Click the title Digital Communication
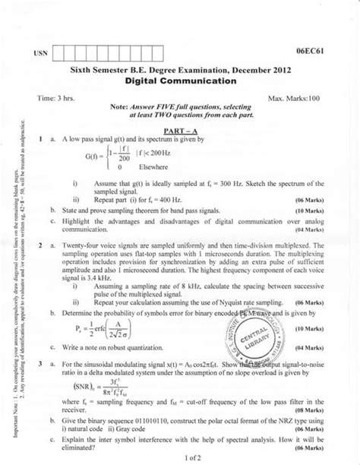click(x=179, y=79)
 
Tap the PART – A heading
click(x=178, y=131)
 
